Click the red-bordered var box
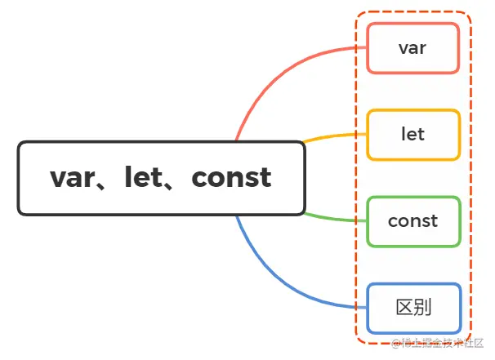point(412,48)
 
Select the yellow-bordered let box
point(412,134)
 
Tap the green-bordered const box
point(412,220)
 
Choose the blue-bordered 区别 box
point(412,308)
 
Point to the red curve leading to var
point(278,69)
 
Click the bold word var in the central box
point(74,177)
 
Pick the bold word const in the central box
point(231,177)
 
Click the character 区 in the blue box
point(404,308)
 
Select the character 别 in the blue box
point(422,308)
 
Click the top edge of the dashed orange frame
point(412,12)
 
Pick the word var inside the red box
point(412,48)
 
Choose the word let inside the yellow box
point(412,134)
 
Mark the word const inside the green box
point(412,220)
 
